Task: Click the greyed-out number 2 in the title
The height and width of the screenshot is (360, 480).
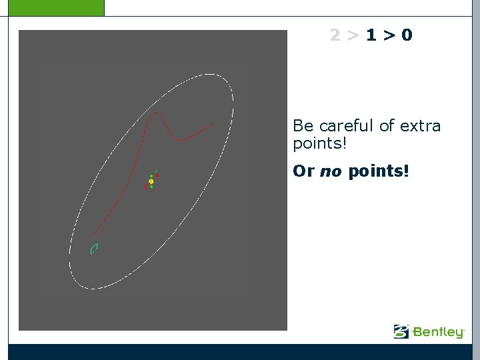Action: [335, 35]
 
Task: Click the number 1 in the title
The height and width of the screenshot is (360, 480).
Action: [371, 35]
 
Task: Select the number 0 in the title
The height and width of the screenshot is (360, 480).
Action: [407, 35]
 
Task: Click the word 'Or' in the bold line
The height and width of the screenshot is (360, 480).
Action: [303, 171]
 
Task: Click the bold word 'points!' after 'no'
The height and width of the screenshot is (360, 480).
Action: [378, 171]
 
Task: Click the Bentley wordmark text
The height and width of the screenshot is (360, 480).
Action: [438, 331]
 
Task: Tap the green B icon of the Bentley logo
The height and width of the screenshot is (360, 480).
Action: [401, 331]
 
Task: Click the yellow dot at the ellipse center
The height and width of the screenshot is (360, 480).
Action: [151, 181]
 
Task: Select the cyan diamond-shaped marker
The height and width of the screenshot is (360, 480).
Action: [94, 249]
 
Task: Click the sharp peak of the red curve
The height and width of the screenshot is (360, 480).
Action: [156, 113]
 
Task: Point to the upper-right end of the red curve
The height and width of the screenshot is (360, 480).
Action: [213, 124]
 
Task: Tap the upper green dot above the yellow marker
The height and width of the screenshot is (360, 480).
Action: [151, 176]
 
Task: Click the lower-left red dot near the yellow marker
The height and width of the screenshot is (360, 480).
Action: [145, 187]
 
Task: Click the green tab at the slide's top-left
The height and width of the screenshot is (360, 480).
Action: [52, 7]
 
